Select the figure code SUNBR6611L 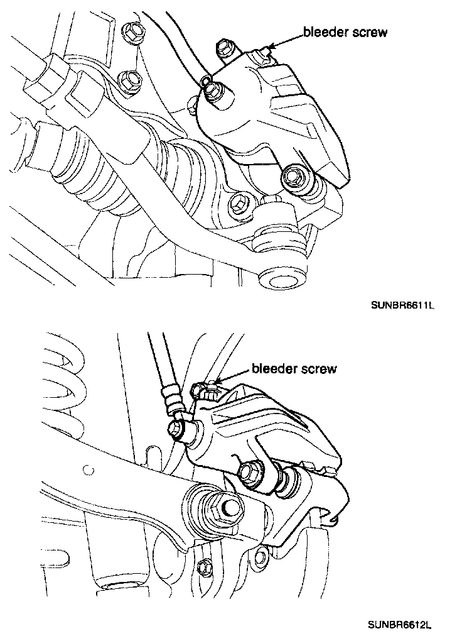pyautogui.click(x=402, y=305)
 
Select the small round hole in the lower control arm pyautogui.click(x=86, y=469)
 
